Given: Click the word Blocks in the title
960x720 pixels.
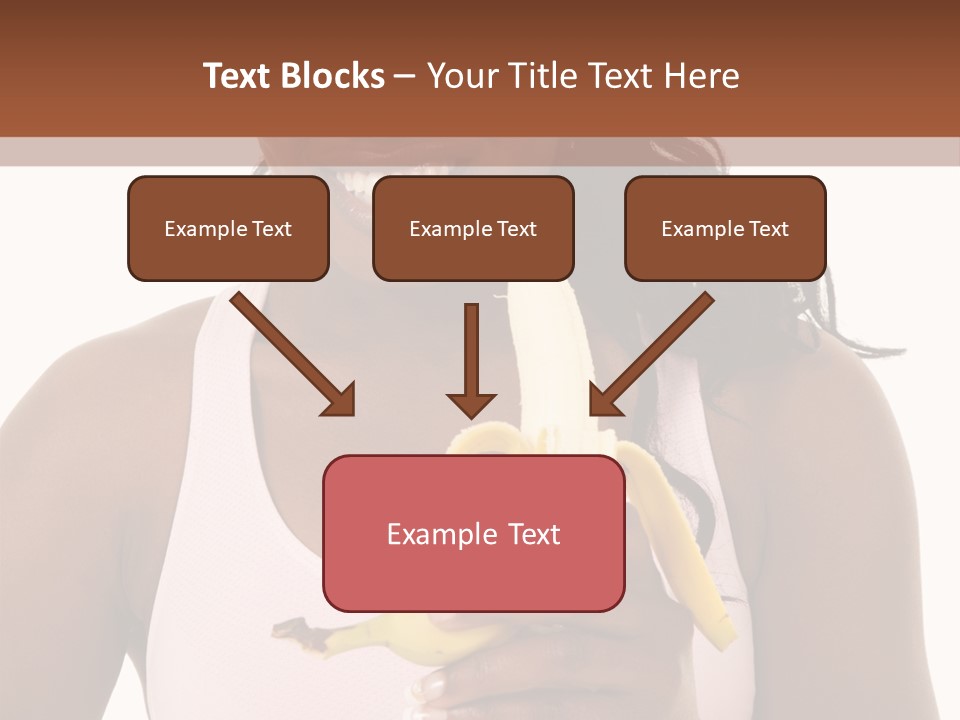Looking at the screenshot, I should [333, 77].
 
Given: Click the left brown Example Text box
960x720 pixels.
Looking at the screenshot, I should [228, 229].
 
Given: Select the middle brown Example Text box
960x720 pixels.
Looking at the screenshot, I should [473, 229].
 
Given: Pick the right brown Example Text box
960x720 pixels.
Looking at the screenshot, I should [725, 229].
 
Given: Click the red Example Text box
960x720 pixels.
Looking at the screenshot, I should [473, 533].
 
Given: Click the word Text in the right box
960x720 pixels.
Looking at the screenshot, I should [768, 229].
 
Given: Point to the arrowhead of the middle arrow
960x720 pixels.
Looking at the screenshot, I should [471, 404].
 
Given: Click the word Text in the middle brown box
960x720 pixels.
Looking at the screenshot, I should [516, 229].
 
